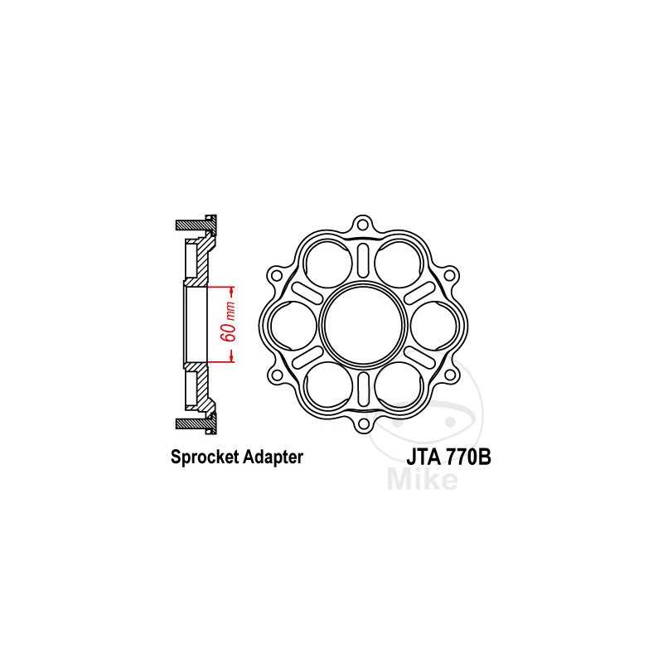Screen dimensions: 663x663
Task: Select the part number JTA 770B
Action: tap(448, 457)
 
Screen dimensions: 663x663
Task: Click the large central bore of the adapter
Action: tap(362, 325)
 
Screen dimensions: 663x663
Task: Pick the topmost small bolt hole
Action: tap(362, 224)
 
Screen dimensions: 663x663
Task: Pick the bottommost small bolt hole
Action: tap(362, 426)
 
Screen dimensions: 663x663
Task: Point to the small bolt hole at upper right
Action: tap(450, 274)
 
